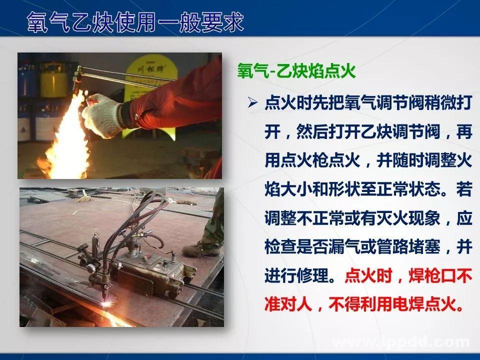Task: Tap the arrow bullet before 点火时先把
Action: coord(252,103)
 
